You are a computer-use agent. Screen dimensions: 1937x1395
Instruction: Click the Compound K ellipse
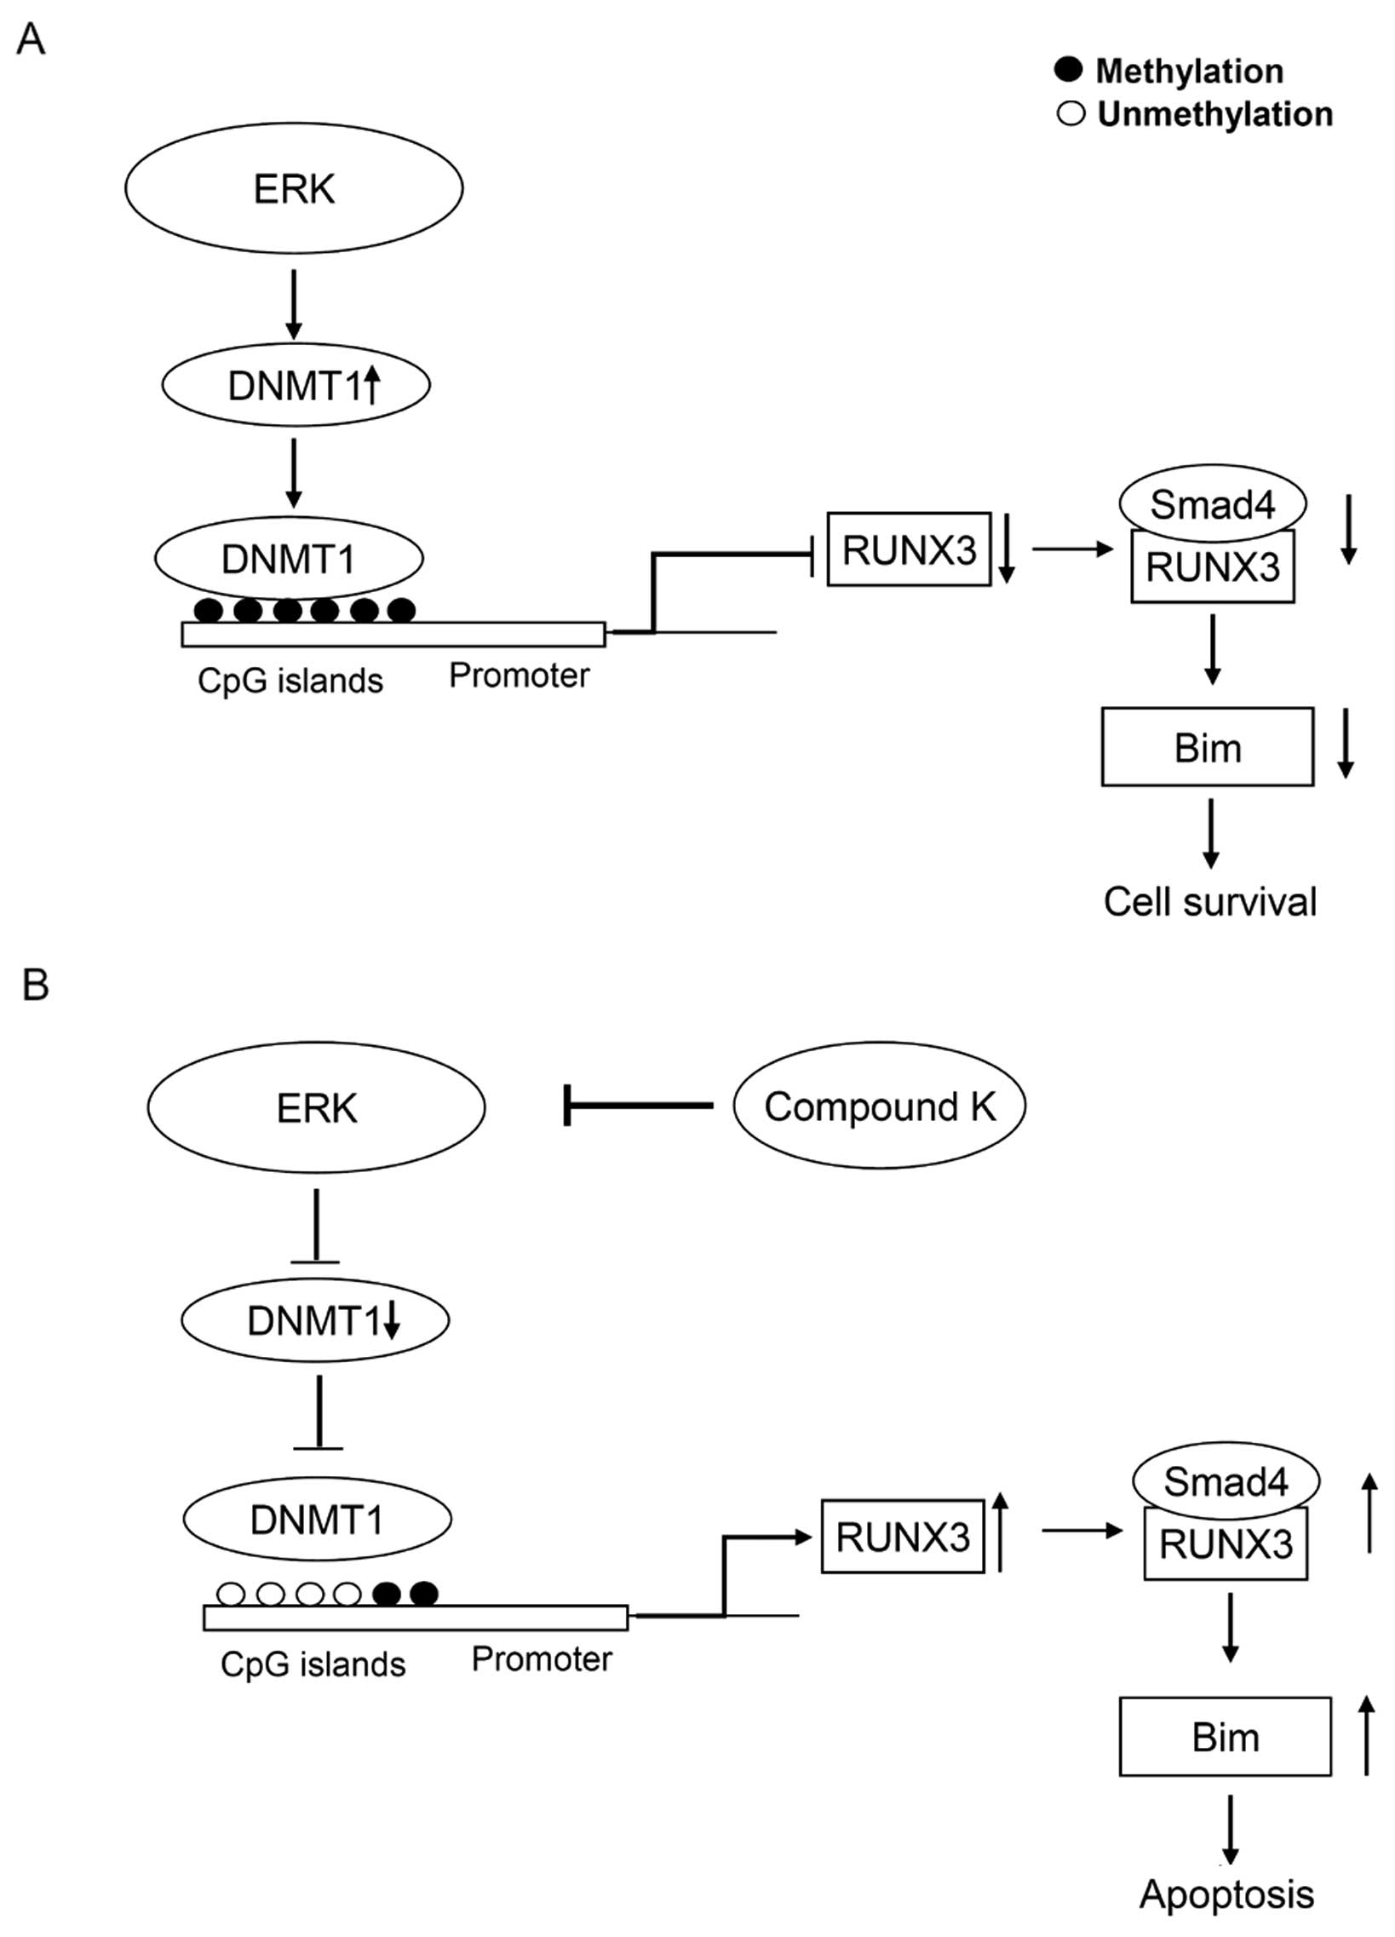[x=879, y=1106]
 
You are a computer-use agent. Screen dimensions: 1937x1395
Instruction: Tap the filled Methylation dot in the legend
[x=1068, y=69]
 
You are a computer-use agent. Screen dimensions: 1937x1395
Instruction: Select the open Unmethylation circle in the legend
[x=1071, y=113]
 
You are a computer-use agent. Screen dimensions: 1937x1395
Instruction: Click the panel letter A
[x=31, y=39]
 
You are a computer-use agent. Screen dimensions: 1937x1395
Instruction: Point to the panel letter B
[x=35, y=985]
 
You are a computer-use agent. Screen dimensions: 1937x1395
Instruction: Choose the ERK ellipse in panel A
[x=294, y=188]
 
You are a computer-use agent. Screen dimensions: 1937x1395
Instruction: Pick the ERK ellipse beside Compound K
[x=316, y=1107]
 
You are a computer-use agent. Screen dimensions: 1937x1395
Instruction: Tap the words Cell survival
[x=1209, y=902]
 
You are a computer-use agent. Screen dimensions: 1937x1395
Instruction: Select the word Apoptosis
[x=1226, y=1894]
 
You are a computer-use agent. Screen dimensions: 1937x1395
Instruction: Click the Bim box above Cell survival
[x=1207, y=747]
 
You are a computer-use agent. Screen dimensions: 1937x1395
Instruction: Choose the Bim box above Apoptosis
[x=1226, y=1737]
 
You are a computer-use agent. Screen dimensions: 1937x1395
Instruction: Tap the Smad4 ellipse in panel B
[x=1226, y=1481]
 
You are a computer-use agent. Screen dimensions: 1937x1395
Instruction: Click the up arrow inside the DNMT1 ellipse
[x=371, y=385]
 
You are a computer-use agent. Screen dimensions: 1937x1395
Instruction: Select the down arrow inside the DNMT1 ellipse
[x=391, y=1321]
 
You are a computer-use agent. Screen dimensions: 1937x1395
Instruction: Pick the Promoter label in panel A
[x=519, y=675]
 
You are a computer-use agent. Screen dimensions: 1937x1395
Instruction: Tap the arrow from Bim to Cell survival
[x=1210, y=834]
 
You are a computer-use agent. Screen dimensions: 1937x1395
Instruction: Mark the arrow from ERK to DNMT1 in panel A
[x=294, y=304]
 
